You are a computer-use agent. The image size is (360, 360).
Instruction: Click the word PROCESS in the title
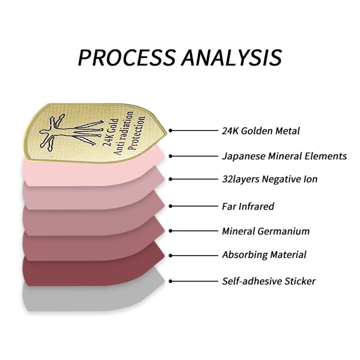point(125,58)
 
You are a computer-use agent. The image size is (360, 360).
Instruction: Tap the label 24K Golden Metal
point(261,131)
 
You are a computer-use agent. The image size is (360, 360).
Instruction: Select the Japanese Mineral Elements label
point(284,156)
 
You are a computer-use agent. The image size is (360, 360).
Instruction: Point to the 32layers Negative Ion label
point(270,179)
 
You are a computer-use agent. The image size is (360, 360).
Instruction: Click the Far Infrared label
point(248,207)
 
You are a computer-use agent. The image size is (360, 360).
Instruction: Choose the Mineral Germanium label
point(265,231)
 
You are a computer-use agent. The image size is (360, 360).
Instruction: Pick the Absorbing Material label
point(264,255)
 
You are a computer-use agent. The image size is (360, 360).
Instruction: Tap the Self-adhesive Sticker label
point(269,281)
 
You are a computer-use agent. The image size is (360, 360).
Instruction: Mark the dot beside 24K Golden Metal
point(171,131)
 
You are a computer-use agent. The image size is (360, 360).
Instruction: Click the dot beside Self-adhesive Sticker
point(171,281)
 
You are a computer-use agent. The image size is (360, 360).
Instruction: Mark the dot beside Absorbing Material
point(171,255)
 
